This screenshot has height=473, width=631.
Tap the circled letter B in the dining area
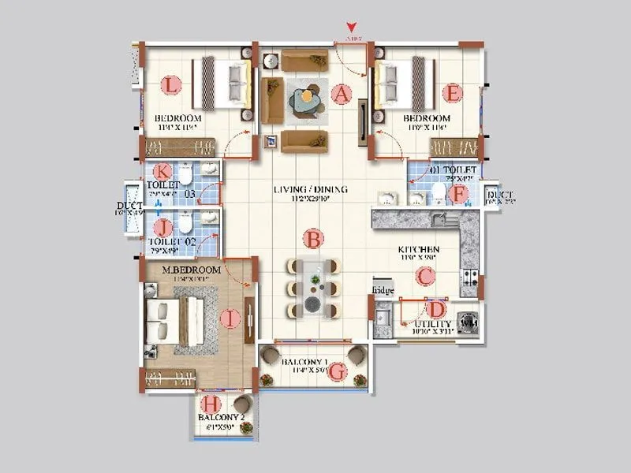click(313, 237)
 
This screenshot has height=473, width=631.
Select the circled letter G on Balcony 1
click(337, 371)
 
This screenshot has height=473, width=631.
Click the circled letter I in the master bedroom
click(230, 318)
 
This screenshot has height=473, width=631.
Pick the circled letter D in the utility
click(435, 310)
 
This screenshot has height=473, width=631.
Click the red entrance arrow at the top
click(351, 31)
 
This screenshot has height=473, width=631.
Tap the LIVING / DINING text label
click(311, 190)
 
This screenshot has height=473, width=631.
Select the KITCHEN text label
click(419, 249)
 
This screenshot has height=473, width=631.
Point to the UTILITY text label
click(433, 324)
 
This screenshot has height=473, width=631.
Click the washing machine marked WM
click(467, 324)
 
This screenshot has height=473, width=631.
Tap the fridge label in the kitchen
click(383, 291)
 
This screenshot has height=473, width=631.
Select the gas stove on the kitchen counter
click(469, 277)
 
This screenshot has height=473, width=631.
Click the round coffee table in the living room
click(304, 99)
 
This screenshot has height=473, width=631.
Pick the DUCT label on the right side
click(501, 196)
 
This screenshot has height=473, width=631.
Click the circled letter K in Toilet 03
click(162, 171)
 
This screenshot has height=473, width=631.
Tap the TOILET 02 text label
click(173, 240)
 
